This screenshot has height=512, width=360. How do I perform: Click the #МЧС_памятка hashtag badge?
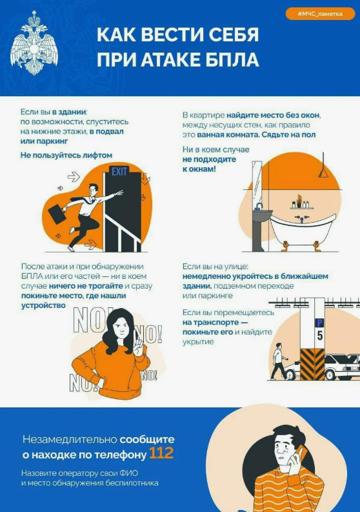pos(320,14)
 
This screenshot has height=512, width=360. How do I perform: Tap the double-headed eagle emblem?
pos(34,43)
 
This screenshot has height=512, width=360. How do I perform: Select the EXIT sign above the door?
pos(119,172)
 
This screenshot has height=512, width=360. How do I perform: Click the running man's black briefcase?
pos(58,213)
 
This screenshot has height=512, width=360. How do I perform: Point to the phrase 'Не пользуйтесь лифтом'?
pos(66,155)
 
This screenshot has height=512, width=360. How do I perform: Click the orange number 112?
pos(161,453)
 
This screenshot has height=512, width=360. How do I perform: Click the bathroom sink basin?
pos(262,216)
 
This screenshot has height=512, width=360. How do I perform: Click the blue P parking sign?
pos(319,323)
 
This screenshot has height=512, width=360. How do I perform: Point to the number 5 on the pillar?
pos(320,335)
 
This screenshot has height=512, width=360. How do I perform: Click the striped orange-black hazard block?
pos(312,364)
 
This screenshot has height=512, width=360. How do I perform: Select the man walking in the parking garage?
pos(279,361)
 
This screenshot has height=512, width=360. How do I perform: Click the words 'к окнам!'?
pos(199,169)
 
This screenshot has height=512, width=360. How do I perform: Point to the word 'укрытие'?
pos(198,342)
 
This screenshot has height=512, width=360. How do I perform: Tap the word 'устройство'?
pos(43,305)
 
